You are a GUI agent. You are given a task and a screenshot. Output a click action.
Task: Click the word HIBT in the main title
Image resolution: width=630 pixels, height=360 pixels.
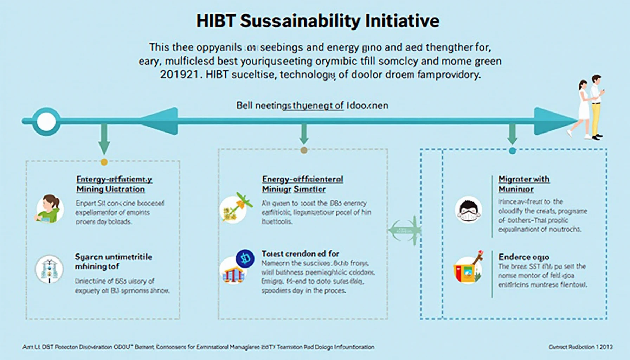pos(215,21)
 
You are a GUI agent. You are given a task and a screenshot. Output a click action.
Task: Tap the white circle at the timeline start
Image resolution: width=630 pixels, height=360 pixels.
pos(46,122)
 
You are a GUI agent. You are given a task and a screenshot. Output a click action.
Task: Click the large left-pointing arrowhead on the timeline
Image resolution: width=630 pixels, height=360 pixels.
pos(160,121)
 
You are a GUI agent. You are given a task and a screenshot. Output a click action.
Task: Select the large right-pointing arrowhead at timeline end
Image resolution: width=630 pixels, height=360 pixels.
pos(552,121)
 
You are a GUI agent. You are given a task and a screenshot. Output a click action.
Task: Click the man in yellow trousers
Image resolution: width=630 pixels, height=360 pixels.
pos(596,105)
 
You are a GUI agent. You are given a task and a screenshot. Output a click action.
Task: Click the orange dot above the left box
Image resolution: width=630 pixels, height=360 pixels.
pos(104,162)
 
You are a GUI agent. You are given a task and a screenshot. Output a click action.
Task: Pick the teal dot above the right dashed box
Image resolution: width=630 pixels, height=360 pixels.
pos(512,151)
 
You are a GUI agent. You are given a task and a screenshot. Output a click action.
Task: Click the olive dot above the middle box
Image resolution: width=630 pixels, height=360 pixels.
pos(304,150)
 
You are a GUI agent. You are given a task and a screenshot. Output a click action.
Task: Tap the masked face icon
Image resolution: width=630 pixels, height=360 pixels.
pos(468,210)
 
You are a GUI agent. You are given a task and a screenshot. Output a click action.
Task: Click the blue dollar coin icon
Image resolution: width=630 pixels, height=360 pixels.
pos(245,259)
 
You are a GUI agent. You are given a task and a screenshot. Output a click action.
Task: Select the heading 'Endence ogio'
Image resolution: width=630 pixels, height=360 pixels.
pos(523,257)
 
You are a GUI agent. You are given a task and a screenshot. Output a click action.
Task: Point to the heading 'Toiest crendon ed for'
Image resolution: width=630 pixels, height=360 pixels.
pos(300,253)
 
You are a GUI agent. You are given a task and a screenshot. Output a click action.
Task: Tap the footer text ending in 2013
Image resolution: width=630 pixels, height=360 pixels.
pos(580,347)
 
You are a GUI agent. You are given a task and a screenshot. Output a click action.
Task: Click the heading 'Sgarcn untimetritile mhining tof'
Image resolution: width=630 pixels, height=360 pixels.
pos(113,262)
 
